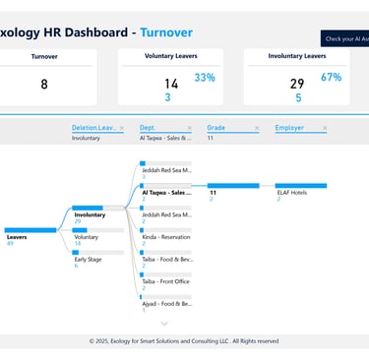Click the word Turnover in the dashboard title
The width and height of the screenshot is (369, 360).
(172, 31)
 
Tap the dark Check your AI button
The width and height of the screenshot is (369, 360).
(344, 38)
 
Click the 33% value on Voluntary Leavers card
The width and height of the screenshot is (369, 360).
(205, 78)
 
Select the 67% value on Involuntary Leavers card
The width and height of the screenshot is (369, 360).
(332, 78)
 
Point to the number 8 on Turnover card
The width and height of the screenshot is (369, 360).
(44, 85)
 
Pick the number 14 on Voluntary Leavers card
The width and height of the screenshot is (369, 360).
(171, 85)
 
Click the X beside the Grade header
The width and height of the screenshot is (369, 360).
(257, 128)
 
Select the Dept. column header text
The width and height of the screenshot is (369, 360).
(149, 128)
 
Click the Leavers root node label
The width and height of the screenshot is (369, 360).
(17, 237)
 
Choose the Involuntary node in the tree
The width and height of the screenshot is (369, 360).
(90, 214)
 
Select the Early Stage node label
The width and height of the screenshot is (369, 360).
(88, 259)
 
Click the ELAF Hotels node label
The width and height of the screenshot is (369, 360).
(291, 193)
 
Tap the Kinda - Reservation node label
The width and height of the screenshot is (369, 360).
(165, 237)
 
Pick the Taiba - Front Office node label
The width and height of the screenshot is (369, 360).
(165, 281)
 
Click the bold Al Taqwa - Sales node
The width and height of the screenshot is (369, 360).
(165, 193)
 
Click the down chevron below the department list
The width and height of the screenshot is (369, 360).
(164, 323)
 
